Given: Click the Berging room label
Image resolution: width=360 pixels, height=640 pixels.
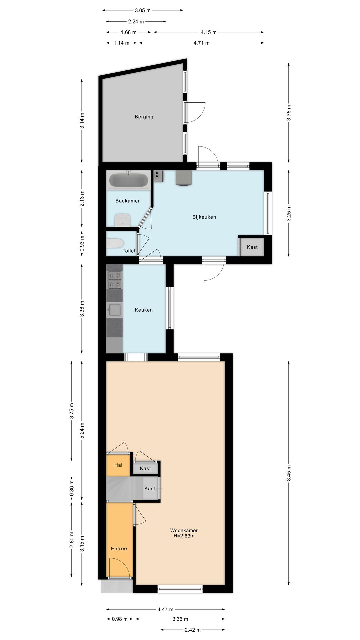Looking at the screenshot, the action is click(x=144, y=117).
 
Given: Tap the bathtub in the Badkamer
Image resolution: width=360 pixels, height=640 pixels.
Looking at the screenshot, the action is click(x=129, y=180).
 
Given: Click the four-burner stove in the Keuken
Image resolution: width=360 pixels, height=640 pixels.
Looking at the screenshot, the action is click(x=114, y=280).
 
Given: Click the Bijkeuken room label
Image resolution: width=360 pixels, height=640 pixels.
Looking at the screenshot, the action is click(x=204, y=217).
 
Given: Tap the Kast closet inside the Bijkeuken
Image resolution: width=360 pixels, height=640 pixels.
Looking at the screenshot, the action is click(x=252, y=247).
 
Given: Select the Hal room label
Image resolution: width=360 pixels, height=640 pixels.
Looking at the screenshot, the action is click(x=118, y=465).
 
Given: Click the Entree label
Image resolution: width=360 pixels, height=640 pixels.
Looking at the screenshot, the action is click(x=119, y=548).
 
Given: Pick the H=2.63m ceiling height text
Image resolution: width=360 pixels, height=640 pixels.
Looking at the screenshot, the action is click(x=184, y=536).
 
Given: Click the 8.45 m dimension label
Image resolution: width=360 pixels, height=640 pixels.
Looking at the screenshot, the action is click(x=289, y=473).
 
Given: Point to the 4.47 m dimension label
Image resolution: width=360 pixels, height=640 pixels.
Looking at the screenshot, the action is click(x=165, y=609).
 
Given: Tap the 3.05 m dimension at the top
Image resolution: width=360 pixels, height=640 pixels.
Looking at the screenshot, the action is click(x=143, y=10).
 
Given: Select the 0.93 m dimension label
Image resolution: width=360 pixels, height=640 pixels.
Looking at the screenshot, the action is click(x=82, y=244).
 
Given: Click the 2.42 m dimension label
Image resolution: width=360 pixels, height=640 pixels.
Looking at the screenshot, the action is click(x=193, y=630).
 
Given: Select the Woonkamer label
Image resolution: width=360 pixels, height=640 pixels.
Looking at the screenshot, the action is click(x=184, y=530).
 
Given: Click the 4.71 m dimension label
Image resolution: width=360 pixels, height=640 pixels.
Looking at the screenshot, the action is click(x=201, y=43).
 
